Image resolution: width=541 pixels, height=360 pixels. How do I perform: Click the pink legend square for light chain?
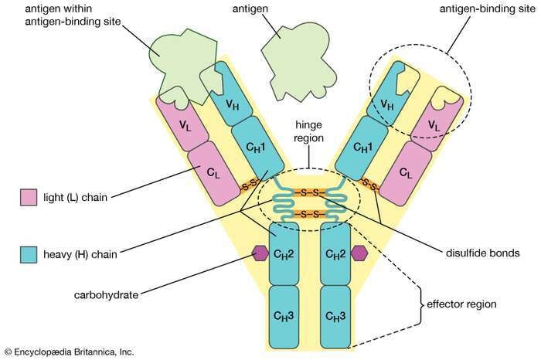click(x=28, y=197)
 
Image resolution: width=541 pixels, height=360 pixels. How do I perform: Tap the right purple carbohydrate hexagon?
click(x=358, y=253)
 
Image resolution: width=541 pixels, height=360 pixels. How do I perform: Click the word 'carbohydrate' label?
click(x=107, y=294)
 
